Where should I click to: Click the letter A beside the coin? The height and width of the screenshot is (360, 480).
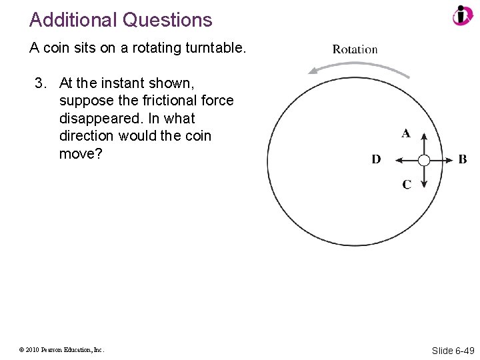(406, 133)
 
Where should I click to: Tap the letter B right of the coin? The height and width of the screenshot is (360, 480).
(463, 159)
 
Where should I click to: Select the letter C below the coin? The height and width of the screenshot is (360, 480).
(407, 184)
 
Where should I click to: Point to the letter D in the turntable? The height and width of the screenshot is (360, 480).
(376, 159)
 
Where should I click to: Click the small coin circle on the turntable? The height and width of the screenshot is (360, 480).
(424, 160)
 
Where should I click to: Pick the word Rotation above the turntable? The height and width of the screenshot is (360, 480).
(355, 49)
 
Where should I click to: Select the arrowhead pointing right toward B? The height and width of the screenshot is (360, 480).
(449, 160)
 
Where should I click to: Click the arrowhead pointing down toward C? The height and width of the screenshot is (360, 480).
(424, 185)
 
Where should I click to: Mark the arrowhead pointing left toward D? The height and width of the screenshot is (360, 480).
(398, 160)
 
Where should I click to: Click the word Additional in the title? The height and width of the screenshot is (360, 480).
(72, 20)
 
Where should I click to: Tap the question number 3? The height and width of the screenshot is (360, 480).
(40, 83)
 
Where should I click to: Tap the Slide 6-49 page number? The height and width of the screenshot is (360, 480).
(453, 350)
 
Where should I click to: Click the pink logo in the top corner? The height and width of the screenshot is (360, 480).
(462, 15)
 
